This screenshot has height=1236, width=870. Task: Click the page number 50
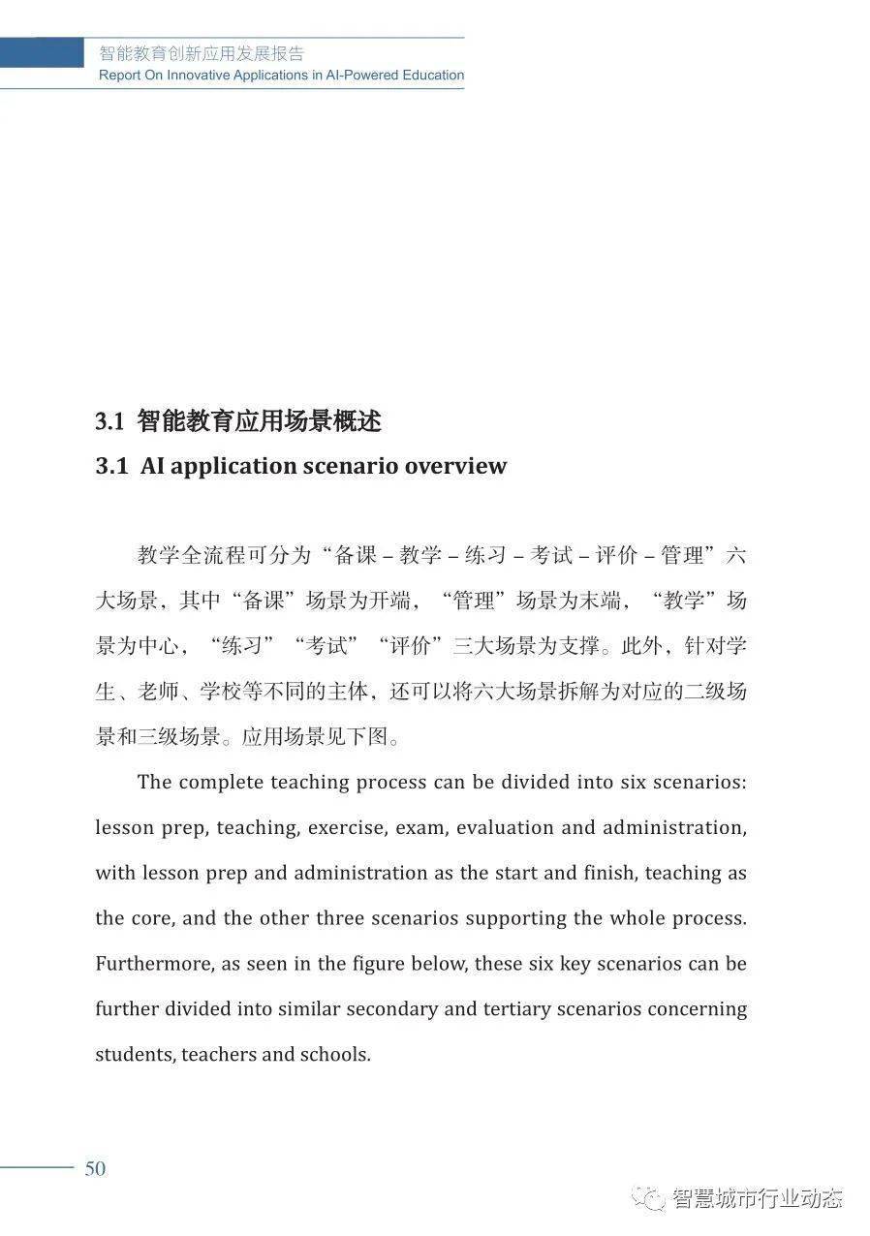(95, 1168)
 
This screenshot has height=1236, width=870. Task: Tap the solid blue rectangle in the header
(42, 53)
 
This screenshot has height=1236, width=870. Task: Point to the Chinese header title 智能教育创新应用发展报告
(202, 54)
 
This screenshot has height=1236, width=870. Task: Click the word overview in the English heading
(455, 466)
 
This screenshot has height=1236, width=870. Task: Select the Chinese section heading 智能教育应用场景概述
(259, 421)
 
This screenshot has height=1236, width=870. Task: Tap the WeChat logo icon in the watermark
(648, 1197)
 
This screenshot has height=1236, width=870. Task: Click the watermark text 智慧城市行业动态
(758, 1197)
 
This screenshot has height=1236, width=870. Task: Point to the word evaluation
(504, 828)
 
